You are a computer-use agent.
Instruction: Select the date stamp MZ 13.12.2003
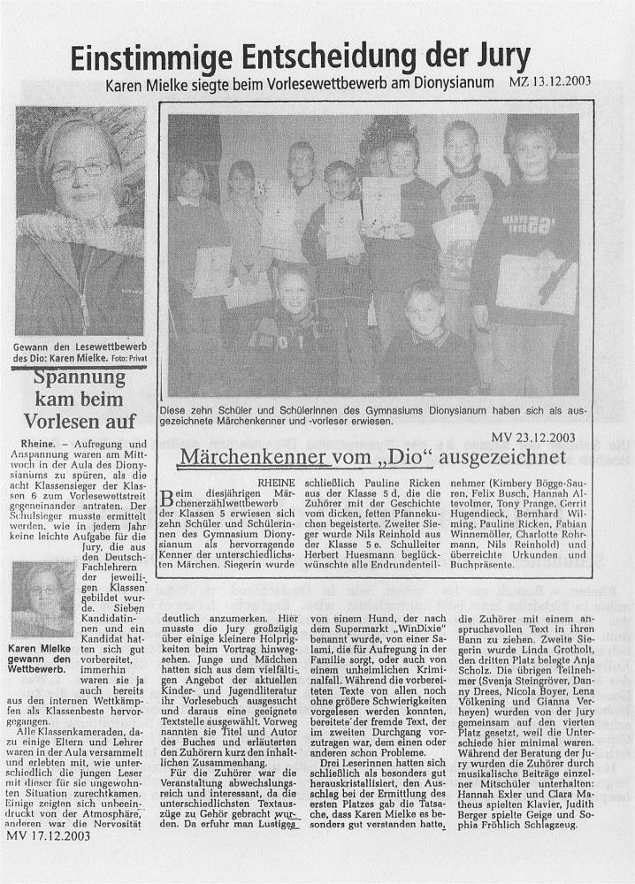pos(550,83)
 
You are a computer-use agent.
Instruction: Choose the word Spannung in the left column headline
pos(80,378)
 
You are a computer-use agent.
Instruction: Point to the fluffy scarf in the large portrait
pos(80,232)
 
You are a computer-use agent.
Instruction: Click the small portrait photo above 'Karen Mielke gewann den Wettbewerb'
pos(42,600)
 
